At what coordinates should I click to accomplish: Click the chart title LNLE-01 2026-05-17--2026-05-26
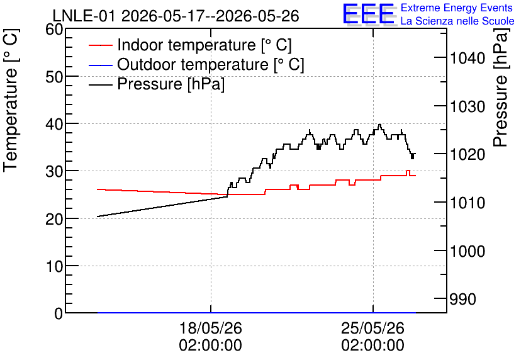pos(176,16)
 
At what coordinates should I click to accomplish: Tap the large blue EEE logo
pos(369,14)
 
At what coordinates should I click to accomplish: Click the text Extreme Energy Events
pos(457,8)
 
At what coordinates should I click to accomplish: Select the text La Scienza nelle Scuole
pos(457,21)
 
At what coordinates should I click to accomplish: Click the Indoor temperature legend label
pos(204,45)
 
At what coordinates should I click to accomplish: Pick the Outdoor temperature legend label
pos(211,64)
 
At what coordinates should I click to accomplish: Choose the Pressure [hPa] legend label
pos(171,84)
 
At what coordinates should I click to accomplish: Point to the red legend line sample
pos(100,45)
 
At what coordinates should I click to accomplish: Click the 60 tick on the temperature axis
pos(53,30)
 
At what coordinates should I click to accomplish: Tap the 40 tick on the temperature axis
pos(53,124)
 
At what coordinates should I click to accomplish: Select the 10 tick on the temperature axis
pos(53,266)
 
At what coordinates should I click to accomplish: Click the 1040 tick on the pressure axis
pos(467,59)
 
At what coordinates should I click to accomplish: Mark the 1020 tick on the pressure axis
pos(467,154)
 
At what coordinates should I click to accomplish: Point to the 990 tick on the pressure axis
pos(462,299)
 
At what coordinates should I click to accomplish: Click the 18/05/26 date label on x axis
pos(211,328)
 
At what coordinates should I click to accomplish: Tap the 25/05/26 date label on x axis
pos(372,328)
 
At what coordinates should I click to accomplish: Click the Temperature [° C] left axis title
pos(11,100)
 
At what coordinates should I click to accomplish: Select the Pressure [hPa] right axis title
pos(501,87)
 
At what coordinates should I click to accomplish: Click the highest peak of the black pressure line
pos(380,125)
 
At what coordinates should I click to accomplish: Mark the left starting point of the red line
pos(98,189)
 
